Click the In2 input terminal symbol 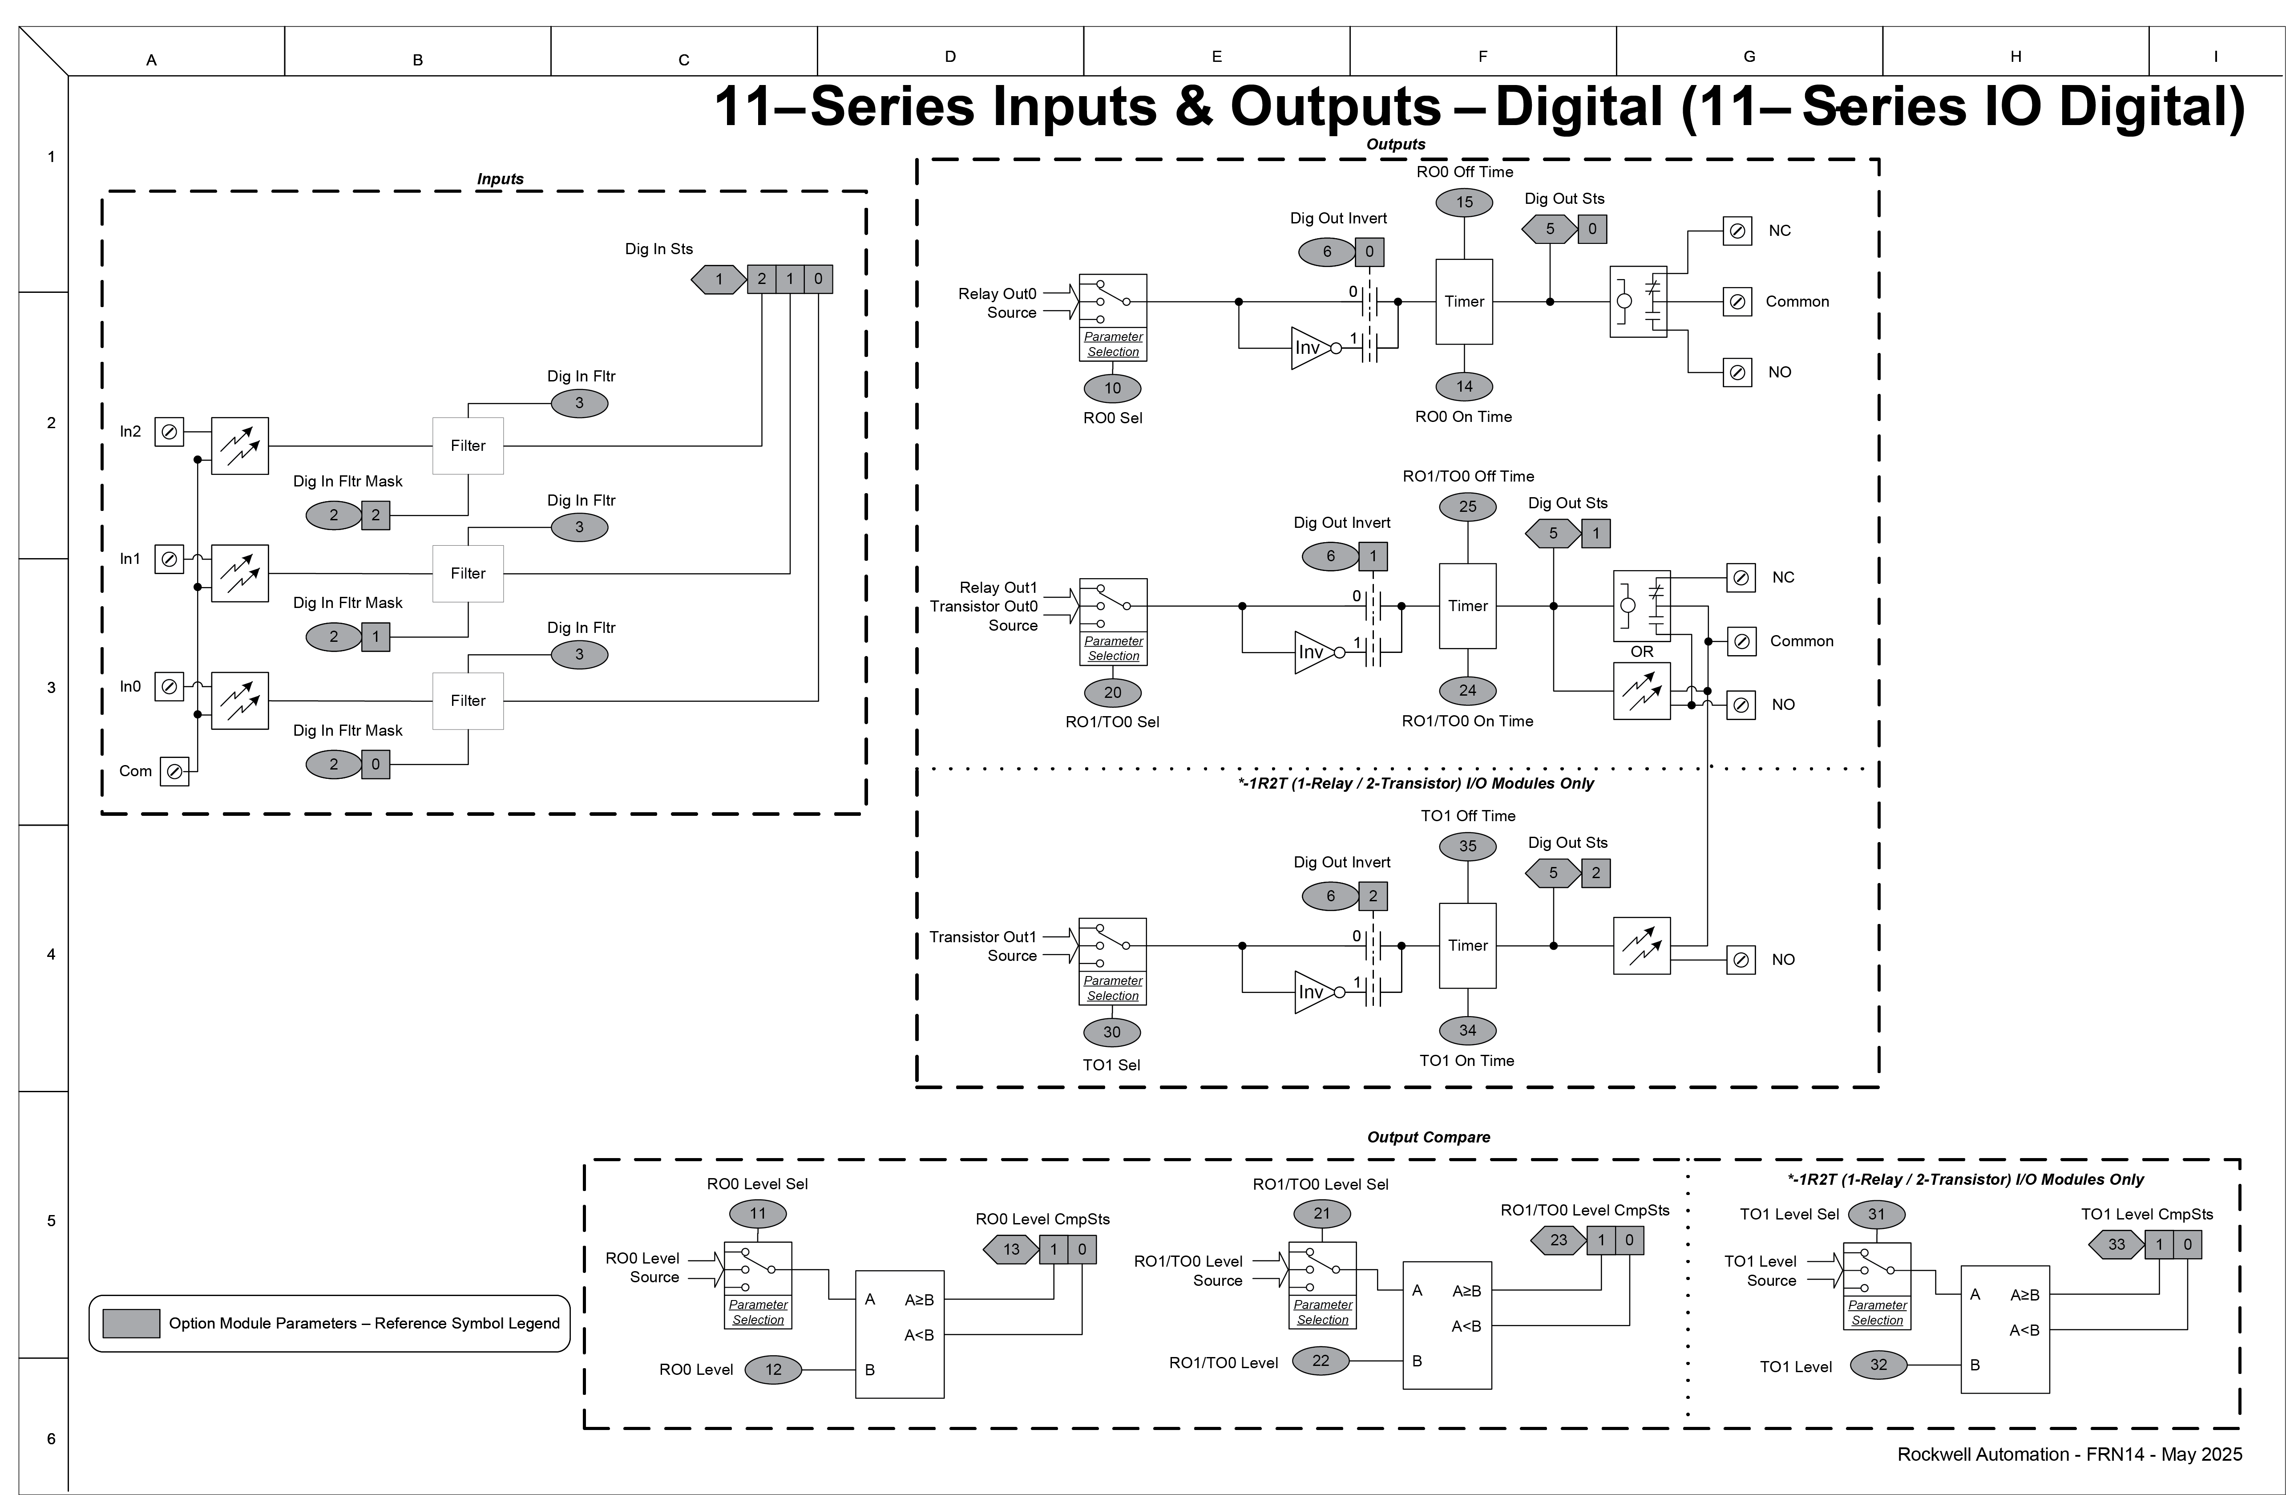tap(169, 432)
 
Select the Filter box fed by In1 tap(468, 574)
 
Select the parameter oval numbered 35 tap(1468, 847)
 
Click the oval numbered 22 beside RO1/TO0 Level tap(1321, 1361)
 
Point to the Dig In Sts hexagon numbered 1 tap(719, 280)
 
